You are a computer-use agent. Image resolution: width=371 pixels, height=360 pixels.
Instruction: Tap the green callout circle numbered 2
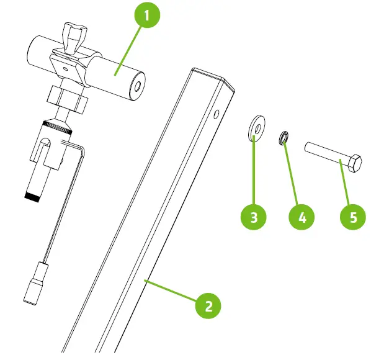(x=208, y=305)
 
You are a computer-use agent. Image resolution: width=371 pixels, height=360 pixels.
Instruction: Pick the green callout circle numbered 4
(x=302, y=217)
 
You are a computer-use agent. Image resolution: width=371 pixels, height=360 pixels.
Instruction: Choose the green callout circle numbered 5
(x=354, y=217)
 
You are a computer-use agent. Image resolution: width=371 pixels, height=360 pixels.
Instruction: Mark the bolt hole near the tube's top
(x=216, y=114)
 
